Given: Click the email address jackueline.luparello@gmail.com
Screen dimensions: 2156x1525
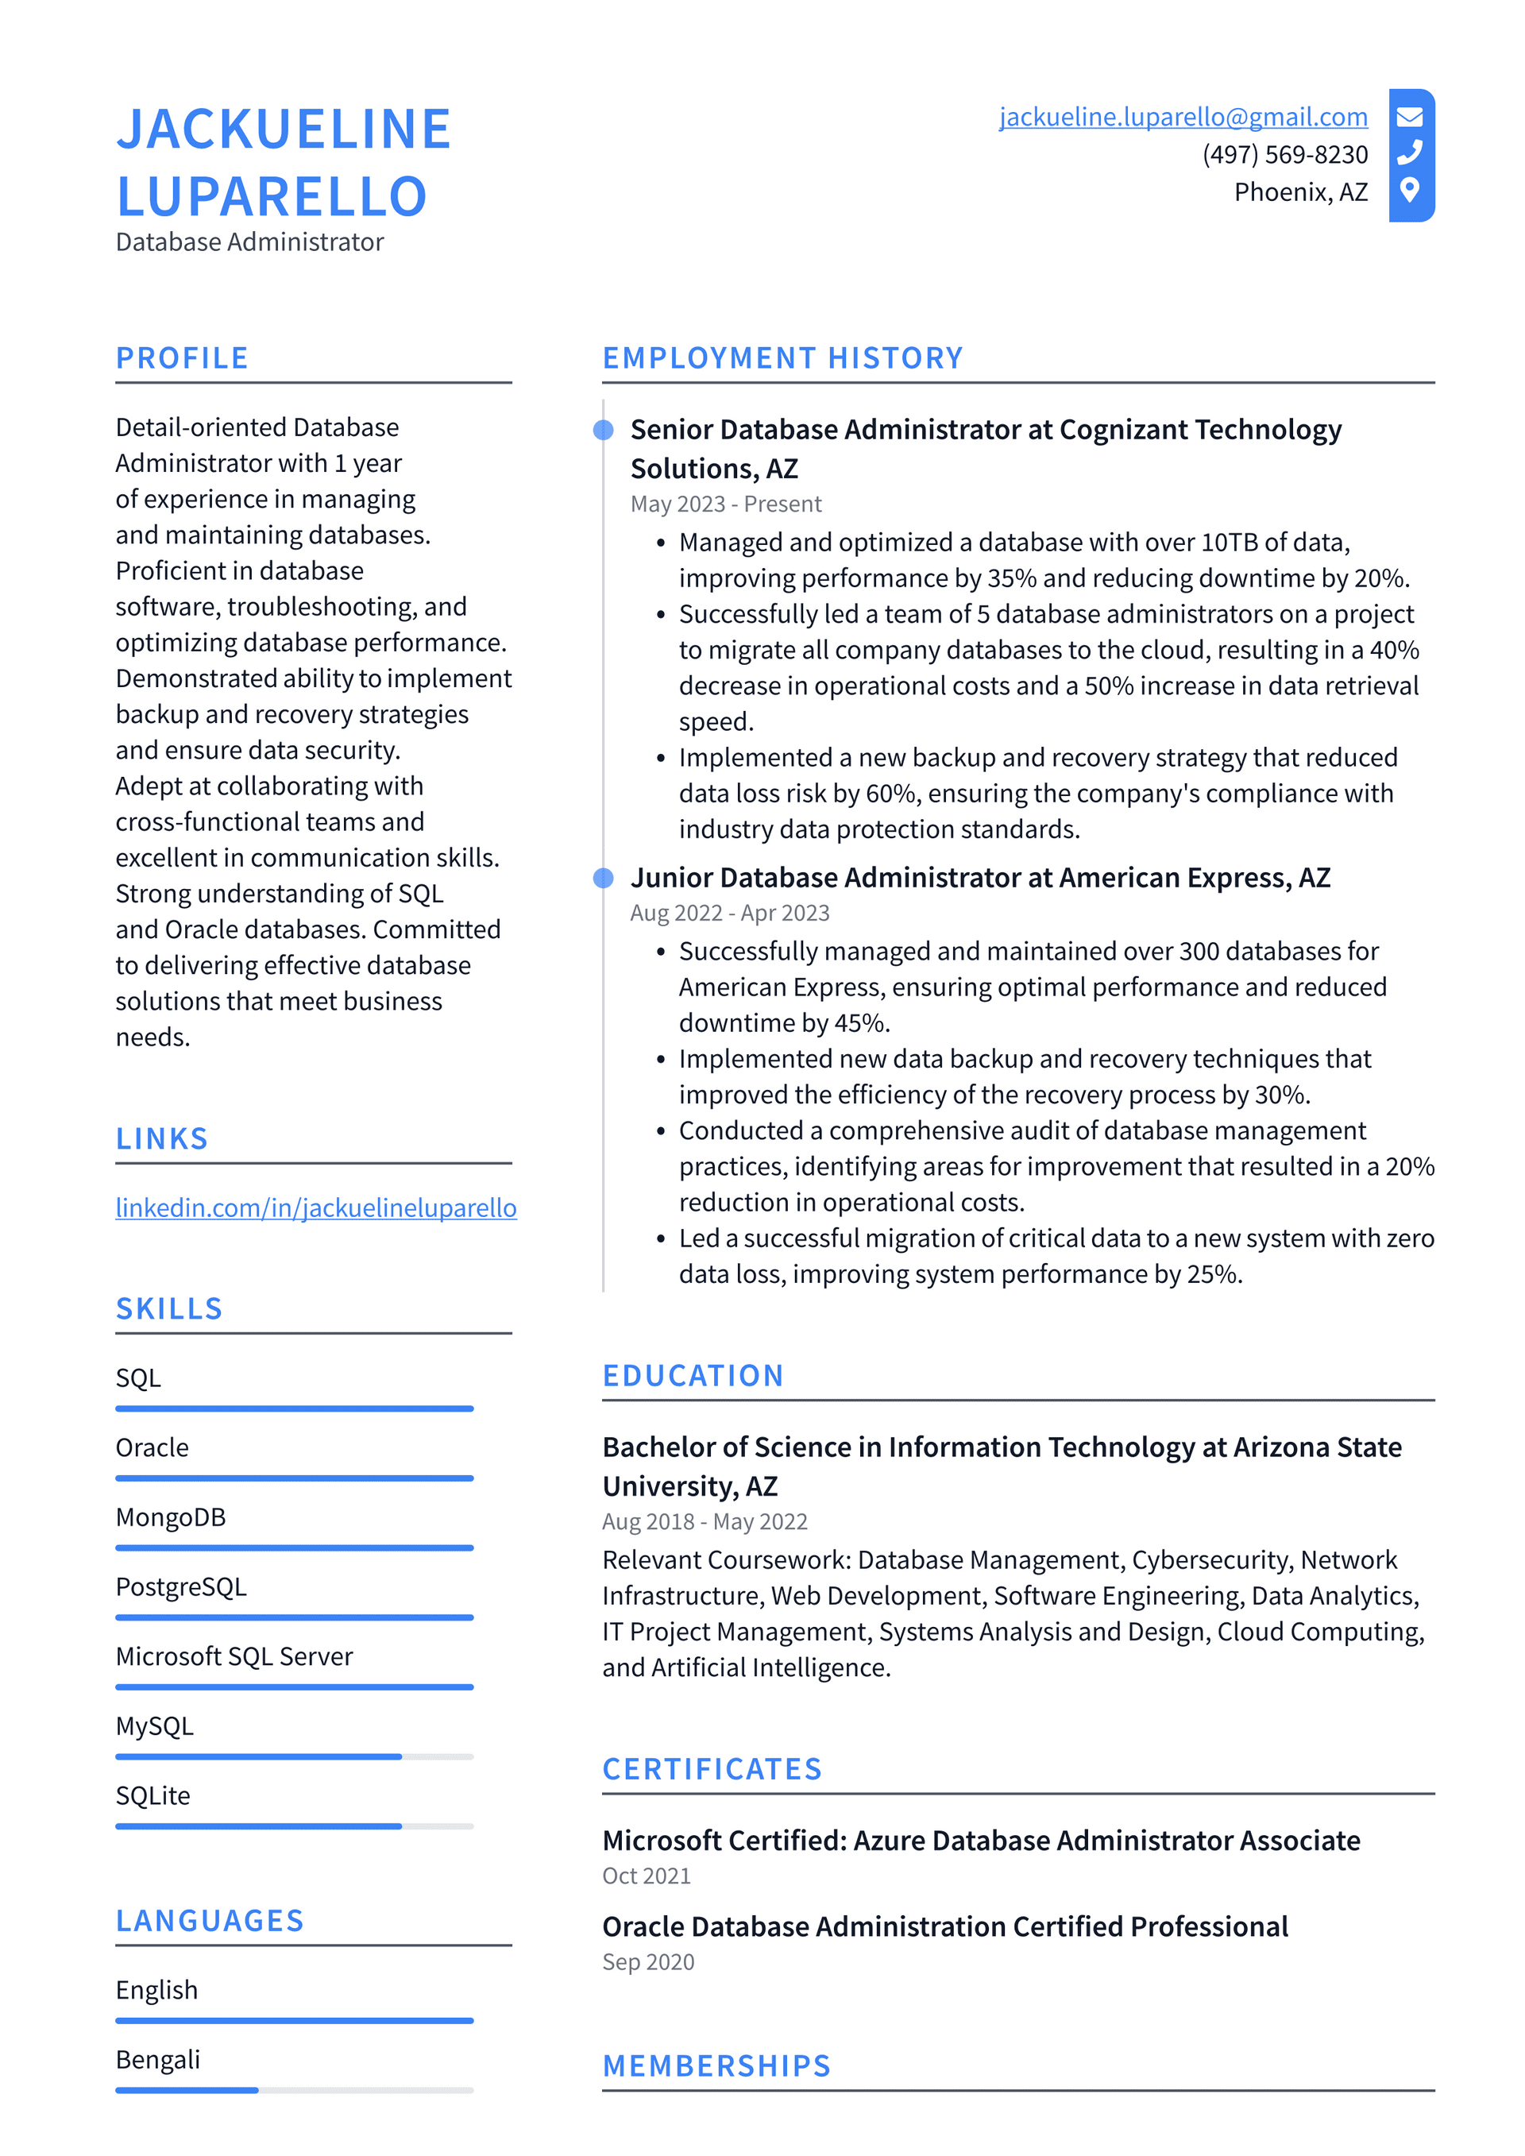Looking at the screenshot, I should [x=1182, y=117].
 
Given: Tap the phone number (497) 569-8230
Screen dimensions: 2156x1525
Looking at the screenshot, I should [x=1284, y=154].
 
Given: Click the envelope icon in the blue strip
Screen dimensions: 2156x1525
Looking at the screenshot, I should [x=1410, y=117].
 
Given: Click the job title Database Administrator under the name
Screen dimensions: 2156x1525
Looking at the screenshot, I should [x=249, y=242].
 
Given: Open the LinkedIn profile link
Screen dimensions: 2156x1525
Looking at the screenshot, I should [x=315, y=1207].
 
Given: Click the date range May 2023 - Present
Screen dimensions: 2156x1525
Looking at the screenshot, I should [x=725, y=504].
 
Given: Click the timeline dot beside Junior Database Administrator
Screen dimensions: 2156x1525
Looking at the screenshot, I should [x=604, y=878].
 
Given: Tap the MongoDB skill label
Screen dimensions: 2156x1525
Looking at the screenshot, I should [x=171, y=1517].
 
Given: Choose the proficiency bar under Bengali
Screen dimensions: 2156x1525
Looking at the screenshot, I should [x=294, y=2090].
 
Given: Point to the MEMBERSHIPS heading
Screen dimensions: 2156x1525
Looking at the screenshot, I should [x=716, y=2066].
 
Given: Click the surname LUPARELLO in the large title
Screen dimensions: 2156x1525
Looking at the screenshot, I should [x=272, y=197].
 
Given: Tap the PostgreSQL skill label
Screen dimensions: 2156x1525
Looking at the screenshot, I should [x=181, y=1587].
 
